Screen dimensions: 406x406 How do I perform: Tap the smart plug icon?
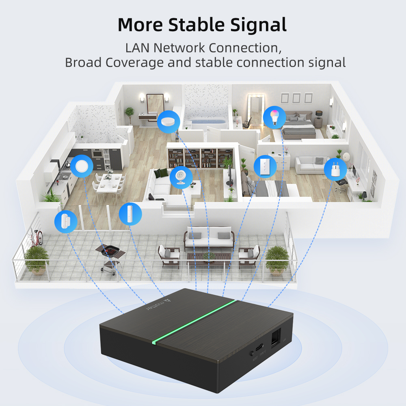(335, 169)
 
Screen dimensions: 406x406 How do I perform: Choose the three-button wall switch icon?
(265, 166)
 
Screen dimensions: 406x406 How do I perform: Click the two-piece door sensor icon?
(66, 221)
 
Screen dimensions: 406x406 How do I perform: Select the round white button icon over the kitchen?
(82, 166)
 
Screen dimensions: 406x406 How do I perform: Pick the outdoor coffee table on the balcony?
(208, 257)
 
